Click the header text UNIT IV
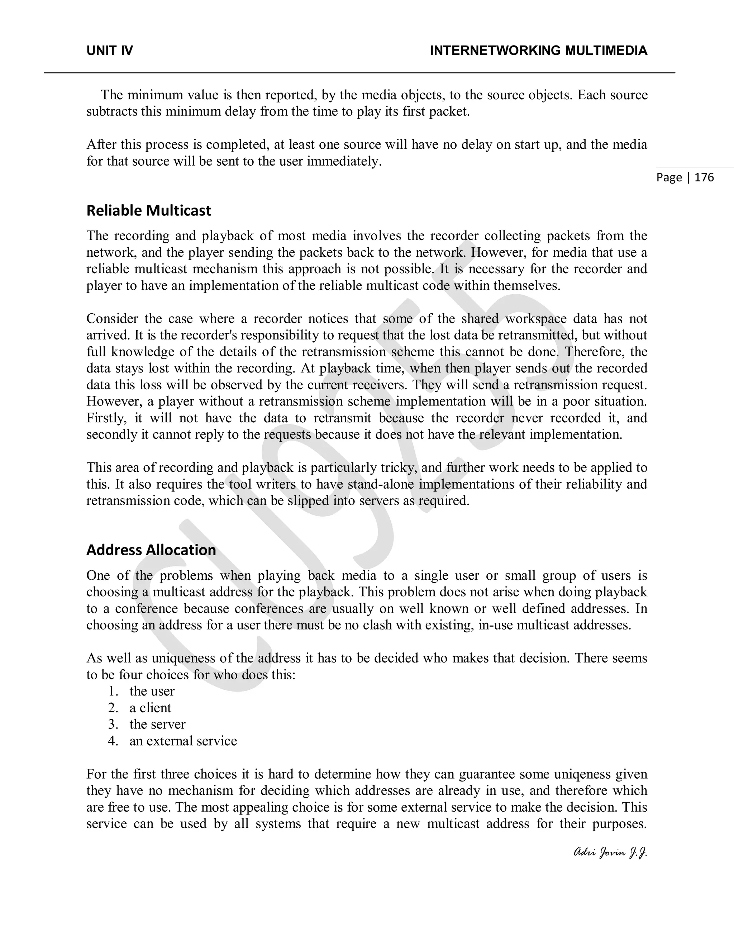[x=110, y=51]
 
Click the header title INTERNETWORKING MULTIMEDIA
[x=538, y=51]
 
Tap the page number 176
[x=704, y=177]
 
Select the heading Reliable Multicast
[x=149, y=210]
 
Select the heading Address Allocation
[x=151, y=550]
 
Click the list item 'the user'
[x=152, y=691]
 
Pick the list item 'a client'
[x=150, y=708]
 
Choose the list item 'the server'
[x=157, y=724]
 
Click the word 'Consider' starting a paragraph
[x=112, y=318]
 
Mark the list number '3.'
[x=113, y=724]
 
